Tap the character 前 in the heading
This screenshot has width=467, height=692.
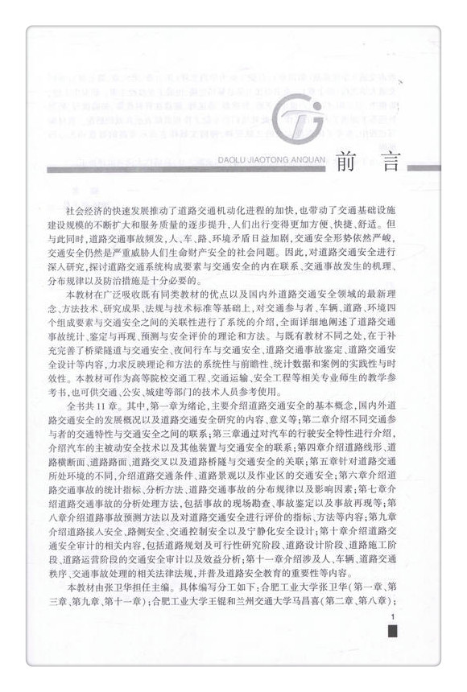[344, 163]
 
